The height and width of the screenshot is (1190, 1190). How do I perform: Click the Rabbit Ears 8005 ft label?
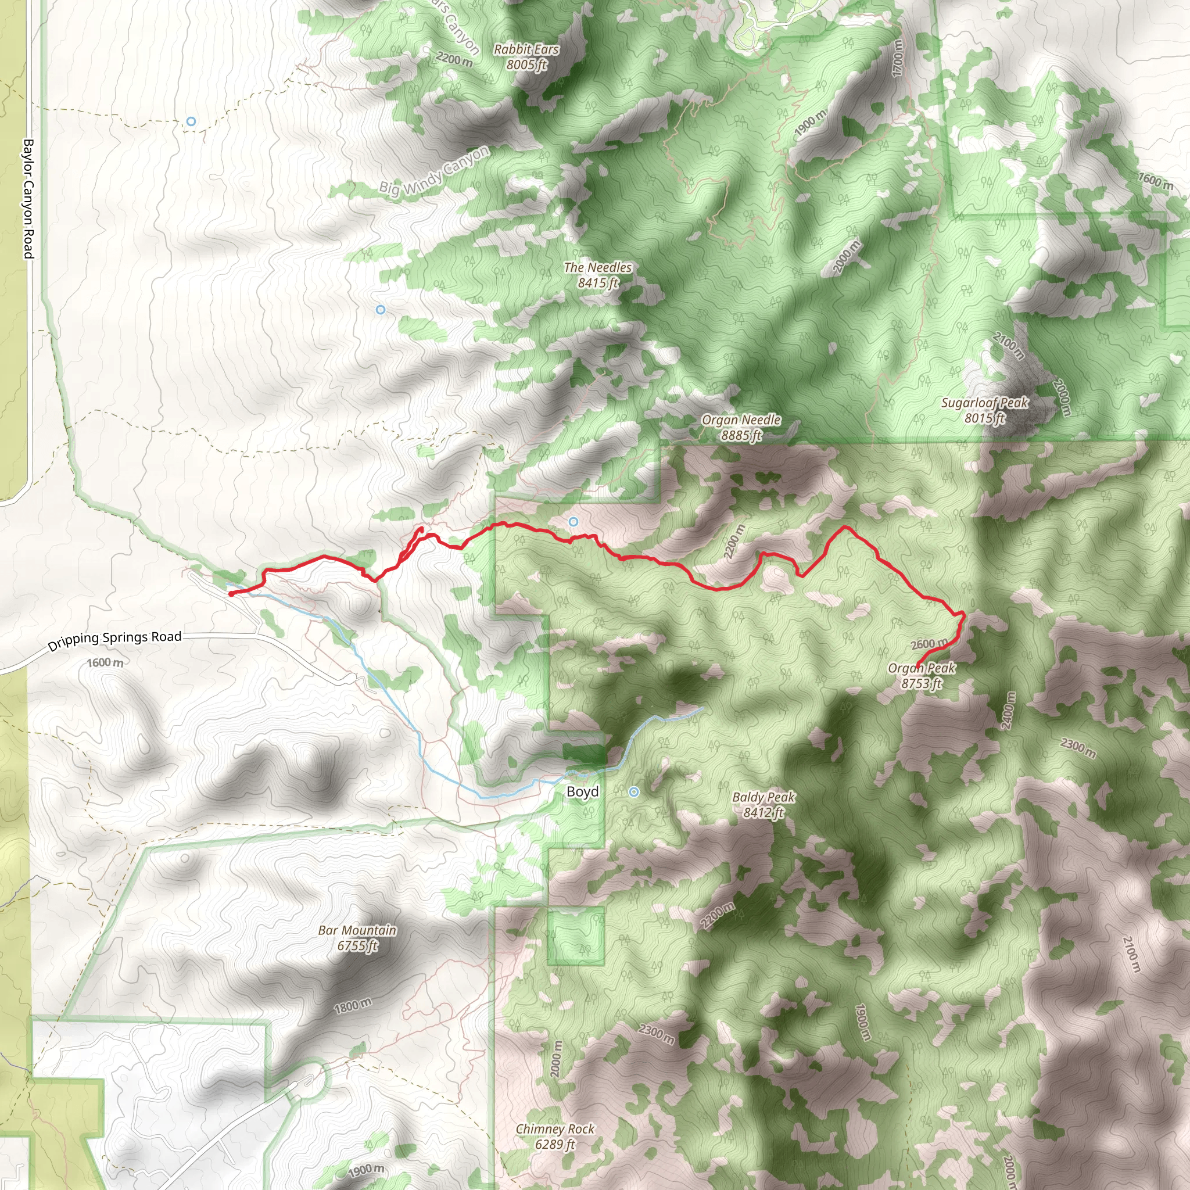[526, 57]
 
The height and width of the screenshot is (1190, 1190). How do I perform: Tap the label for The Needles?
[597, 275]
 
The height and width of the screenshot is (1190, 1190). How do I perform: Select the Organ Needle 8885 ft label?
[741, 427]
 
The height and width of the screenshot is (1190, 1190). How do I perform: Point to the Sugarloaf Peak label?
[984, 410]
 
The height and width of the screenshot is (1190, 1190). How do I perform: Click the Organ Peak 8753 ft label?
[922, 675]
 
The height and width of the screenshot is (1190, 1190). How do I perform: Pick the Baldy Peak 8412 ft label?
[763, 804]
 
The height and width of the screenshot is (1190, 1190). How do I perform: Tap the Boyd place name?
[582, 791]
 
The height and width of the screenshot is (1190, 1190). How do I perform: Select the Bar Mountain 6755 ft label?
[357, 937]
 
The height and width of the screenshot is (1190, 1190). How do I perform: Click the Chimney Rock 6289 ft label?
[555, 1137]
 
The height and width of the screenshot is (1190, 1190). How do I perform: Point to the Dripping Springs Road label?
[114, 640]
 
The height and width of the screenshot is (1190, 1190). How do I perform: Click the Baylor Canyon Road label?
[28, 198]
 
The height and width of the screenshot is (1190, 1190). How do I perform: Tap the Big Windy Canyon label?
[434, 171]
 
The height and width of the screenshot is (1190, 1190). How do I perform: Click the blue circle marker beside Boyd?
[634, 791]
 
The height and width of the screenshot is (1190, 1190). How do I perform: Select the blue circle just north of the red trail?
[574, 522]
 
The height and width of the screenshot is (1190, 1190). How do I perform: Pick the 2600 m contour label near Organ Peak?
[929, 644]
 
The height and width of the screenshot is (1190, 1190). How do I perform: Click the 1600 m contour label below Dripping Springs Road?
[105, 663]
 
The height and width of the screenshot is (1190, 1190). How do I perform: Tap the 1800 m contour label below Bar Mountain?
[353, 1006]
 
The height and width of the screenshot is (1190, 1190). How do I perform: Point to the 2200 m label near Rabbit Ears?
[454, 60]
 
